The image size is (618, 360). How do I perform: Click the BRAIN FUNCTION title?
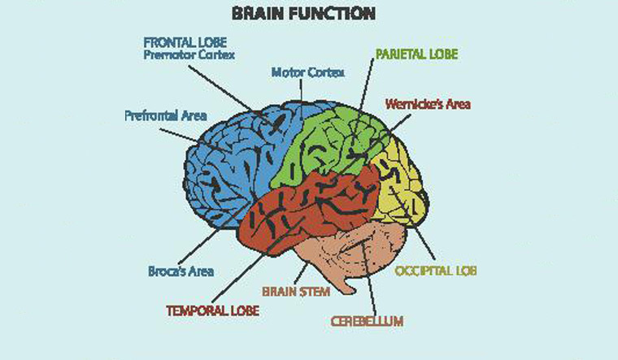point(302,14)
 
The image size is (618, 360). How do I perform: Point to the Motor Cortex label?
point(307,72)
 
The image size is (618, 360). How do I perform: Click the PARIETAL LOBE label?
point(416,54)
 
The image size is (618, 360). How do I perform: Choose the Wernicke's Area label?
point(428,104)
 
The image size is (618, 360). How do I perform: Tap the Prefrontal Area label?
point(165,115)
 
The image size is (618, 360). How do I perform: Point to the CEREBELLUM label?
point(367,321)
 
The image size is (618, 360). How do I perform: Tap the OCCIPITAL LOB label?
point(434,270)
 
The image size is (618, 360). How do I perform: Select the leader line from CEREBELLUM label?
point(367,276)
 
